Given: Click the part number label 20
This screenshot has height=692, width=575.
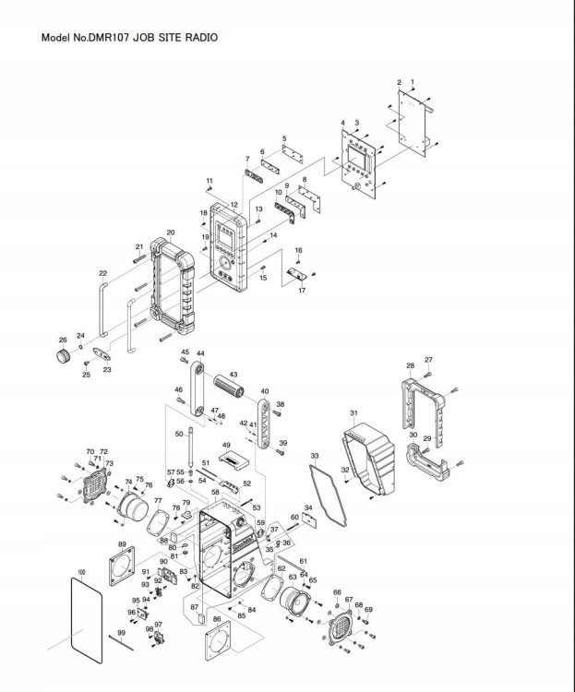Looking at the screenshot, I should point(171,233).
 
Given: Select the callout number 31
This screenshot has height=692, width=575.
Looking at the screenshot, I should point(353,412).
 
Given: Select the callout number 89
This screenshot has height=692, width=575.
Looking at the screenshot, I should point(122,545).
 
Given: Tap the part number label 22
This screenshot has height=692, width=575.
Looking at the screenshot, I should point(103,273).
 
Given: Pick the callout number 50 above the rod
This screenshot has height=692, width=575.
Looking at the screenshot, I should point(179,434).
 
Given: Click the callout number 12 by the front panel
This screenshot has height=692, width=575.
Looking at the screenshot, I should point(234,205).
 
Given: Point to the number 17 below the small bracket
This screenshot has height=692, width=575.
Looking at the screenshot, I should point(301,291).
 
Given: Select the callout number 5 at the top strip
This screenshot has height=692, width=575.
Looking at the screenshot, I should point(284,138).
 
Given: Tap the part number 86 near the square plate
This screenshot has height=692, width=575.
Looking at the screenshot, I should point(217,619).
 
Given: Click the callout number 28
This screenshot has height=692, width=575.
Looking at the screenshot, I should point(410,365).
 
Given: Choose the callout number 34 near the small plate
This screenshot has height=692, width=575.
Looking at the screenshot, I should point(308,507).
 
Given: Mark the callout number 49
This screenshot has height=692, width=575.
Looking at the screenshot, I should point(225,446).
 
